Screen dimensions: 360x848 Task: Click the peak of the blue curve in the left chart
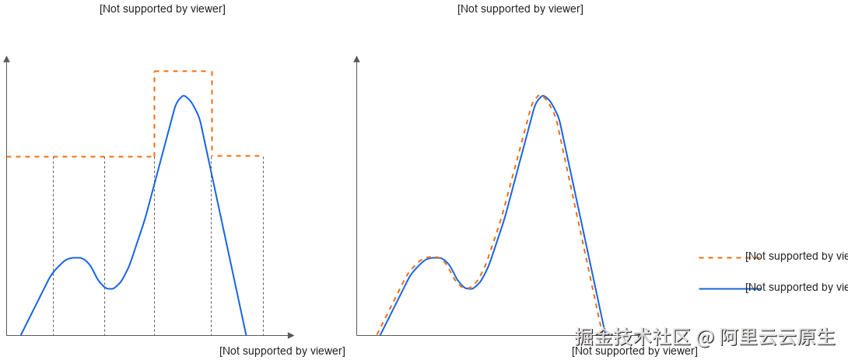coord(183,96)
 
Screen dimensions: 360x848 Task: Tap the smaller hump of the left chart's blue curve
coord(74,257)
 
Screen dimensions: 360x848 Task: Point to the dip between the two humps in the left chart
coord(110,289)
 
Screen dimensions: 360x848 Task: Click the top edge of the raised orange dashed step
coord(183,72)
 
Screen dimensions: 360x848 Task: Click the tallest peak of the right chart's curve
coord(544,95)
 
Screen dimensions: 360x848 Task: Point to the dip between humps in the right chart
coord(468,288)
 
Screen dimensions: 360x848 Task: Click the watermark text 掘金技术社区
coord(632,337)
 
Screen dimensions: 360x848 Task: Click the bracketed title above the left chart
coord(164,10)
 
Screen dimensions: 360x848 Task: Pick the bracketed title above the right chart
coord(520,10)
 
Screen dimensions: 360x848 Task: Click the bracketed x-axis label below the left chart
coord(282,350)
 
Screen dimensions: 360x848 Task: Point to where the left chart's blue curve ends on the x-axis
coord(247,334)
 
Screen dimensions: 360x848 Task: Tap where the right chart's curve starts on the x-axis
coord(377,334)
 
